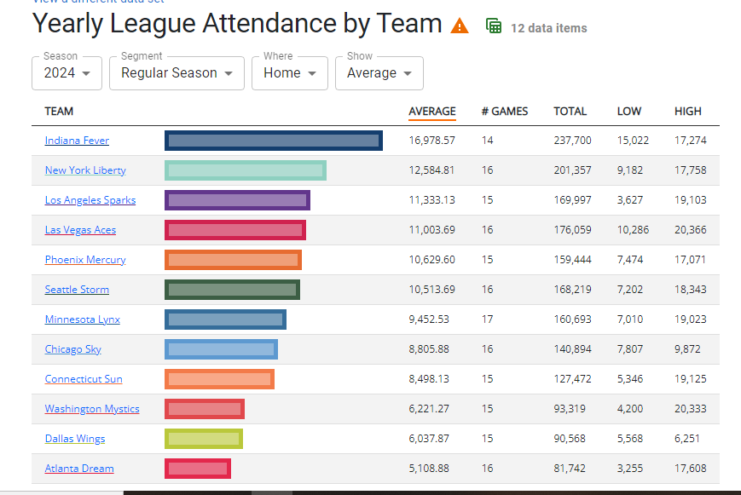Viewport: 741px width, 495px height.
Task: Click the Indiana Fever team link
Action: (77, 141)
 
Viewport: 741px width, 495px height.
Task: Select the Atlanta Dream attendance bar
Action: (197, 469)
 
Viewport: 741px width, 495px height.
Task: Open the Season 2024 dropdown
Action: (67, 73)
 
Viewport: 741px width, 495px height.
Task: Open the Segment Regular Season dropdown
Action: (177, 73)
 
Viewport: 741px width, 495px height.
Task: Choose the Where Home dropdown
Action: (290, 73)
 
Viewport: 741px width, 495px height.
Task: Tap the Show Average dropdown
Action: (379, 73)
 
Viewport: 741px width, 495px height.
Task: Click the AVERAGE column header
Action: (432, 111)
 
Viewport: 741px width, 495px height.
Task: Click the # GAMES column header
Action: (505, 111)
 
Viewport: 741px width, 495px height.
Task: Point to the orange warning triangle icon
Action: (460, 26)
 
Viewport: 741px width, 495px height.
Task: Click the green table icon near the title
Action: (494, 26)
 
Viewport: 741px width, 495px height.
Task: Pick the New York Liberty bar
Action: (246, 170)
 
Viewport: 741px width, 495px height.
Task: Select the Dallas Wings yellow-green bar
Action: (204, 439)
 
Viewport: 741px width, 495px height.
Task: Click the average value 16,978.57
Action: (432, 141)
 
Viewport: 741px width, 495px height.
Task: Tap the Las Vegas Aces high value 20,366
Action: (689, 230)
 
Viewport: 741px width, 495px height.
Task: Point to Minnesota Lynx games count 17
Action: (487, 319)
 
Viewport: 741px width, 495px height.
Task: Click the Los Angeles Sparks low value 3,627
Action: (630, 200)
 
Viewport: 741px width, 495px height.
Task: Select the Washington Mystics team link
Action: (92, 409)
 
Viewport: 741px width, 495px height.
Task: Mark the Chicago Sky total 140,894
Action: (571, 349)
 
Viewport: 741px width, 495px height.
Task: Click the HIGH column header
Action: (688, 111)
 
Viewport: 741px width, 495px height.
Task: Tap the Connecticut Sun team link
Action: (84, 379)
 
